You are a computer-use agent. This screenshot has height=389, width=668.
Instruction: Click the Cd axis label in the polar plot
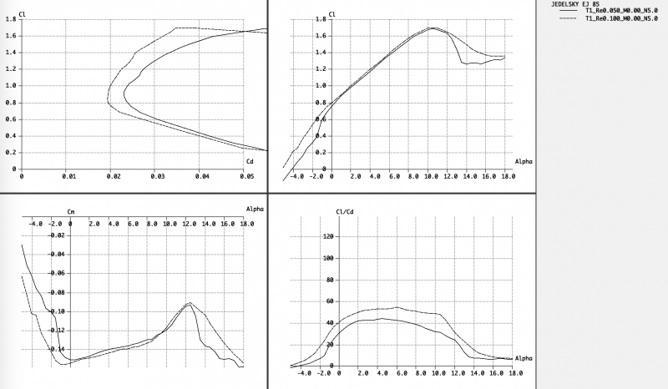tap(250, 160)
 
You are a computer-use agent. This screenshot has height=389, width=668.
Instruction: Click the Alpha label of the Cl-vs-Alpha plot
tap(524, 160)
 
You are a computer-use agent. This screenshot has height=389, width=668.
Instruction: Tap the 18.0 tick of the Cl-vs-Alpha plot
tap(505, 176)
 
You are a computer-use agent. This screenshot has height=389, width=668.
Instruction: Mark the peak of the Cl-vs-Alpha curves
tap(432, 28)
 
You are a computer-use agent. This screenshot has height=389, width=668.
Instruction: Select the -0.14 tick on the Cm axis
tap(55, 350)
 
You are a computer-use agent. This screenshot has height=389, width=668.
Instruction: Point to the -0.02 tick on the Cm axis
tap(55, 235)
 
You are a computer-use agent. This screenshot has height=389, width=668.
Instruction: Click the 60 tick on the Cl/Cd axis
tap(328, 301)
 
